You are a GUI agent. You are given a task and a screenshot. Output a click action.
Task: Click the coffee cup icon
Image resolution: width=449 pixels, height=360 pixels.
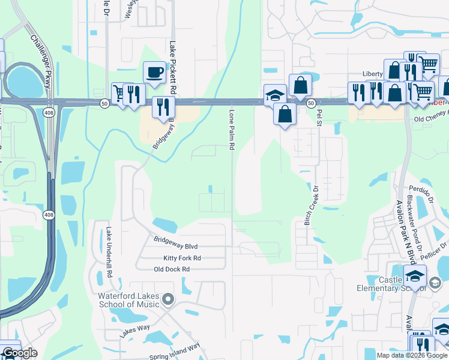pyautogui.click(x=155, y=73)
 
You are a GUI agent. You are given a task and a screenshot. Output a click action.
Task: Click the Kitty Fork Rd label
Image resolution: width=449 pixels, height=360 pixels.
pyautogui.click(x=182, y=258)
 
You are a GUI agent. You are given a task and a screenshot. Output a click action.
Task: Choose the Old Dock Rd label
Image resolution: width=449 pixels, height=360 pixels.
pyautogui.click(x=172, y=269)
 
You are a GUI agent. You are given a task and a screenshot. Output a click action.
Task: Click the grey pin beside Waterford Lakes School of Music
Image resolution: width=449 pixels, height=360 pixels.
pyautogui.click(x=168, y=299)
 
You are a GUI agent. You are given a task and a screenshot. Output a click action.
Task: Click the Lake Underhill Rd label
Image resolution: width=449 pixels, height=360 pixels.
pyautogui.click(x=109, y=251)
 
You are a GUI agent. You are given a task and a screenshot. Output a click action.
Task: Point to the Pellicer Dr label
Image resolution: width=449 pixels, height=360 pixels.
pyautogui.click(x=436, y=250)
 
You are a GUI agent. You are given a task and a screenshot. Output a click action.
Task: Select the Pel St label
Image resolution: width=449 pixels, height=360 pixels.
pyautogui.click(x=319, y=113)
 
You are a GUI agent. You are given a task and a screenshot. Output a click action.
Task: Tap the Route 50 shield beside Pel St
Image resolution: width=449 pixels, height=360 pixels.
pyautogui.click(x=311, y=103)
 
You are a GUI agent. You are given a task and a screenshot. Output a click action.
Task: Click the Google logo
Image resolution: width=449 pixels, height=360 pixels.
pyautogui.click(x=19, y=353)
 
